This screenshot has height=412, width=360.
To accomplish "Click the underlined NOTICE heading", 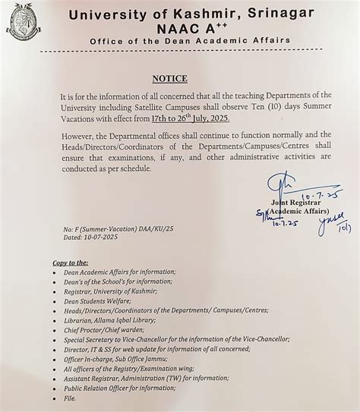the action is (x=169, y=78).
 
